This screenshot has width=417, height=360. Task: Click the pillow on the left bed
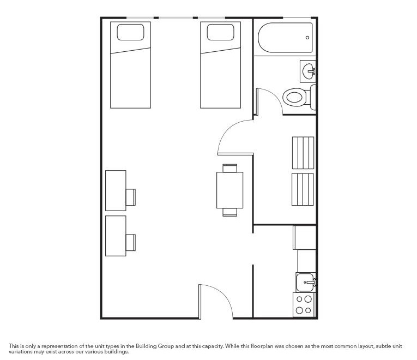click(131, 32)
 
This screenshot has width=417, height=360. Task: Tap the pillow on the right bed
click(221, 32)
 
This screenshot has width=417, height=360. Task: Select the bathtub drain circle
click(307, 38)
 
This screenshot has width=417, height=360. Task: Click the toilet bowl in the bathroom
click(294, 98)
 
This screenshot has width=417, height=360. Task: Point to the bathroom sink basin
click(309, 70)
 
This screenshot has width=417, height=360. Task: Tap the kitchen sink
click(305, 282)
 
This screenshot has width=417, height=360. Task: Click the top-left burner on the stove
click(300, 299)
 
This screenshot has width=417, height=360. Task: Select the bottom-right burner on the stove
click(309, 310)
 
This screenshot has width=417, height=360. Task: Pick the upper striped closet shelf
click(303, 153)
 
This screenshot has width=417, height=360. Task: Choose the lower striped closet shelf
click(303, 189)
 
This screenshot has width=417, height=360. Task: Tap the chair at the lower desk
click(131, 241)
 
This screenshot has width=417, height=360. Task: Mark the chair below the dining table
click(229, 212)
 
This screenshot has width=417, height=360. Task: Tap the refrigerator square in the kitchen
click(305, 238)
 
